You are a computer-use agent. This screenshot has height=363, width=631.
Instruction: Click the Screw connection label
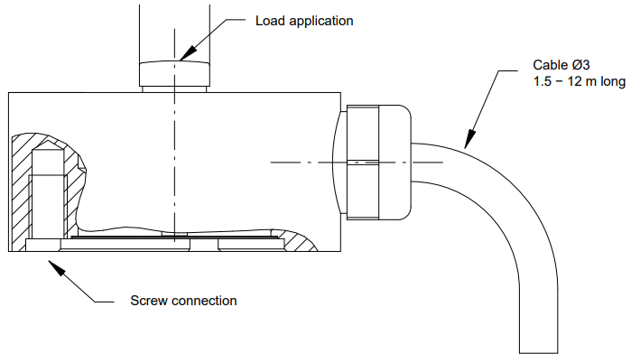tap(183, 300)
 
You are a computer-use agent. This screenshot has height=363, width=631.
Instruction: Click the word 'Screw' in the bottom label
tap(147, 300)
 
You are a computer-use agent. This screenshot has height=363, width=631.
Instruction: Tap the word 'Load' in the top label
tap(269, 20)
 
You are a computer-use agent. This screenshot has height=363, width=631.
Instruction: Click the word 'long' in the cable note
tap(611, 82)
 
